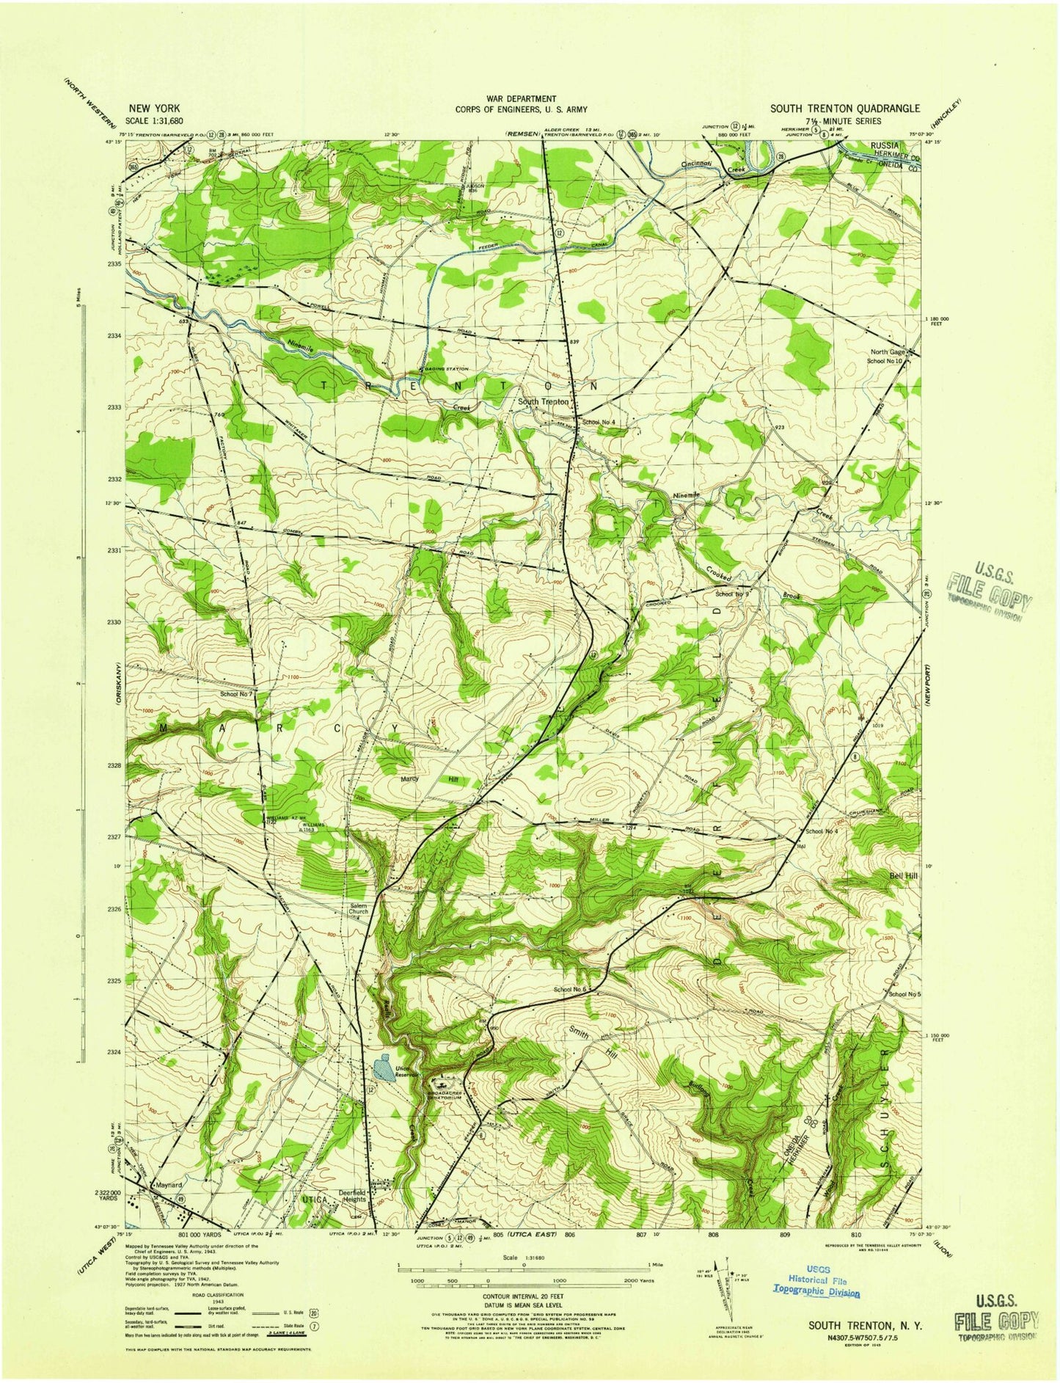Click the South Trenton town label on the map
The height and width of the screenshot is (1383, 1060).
point(544,402)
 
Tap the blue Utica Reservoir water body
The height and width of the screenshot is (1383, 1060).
point(381,1068)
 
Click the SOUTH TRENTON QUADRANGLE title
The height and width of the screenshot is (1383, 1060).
point(844,109)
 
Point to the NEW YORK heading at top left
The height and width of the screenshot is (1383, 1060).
point(154,109)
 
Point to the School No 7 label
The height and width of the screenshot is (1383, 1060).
point(236,693)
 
